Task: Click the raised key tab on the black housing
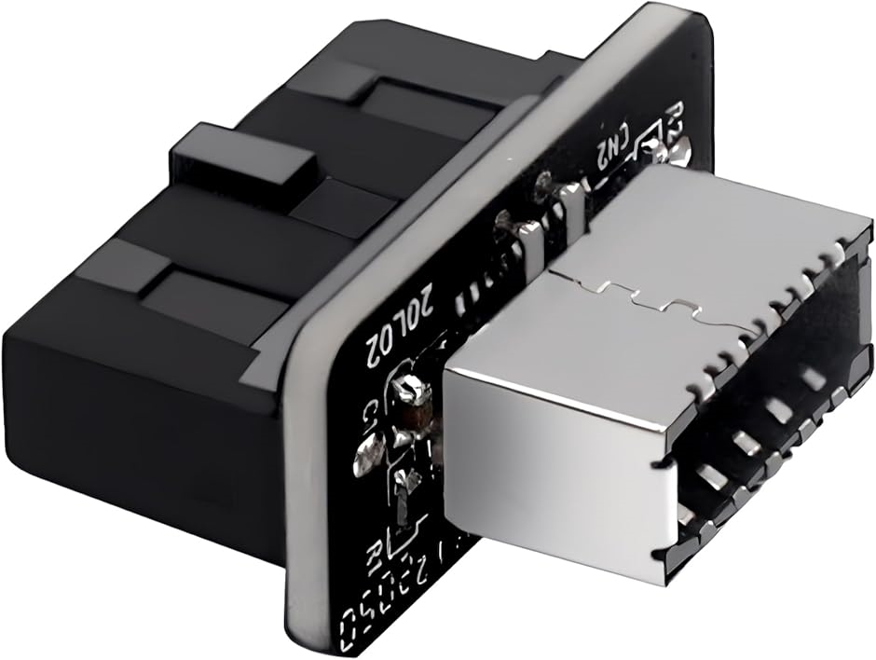[244, 156]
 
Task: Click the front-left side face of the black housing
[140, 410]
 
